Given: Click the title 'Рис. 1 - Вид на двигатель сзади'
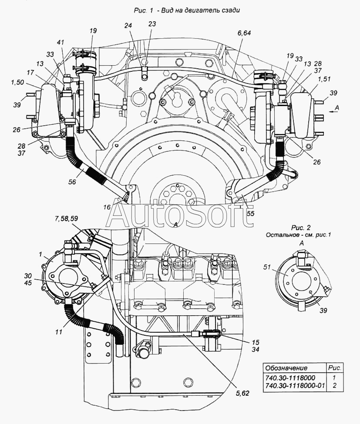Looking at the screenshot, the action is pyautogui.click(x=187, y=10).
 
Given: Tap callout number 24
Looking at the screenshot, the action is pyautogui.click(x=128, y=25).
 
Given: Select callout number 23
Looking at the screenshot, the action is pyautogui.click(x=152, y=24).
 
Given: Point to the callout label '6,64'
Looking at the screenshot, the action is pyautogui.click(x=244, y=33).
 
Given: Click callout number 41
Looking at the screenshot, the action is pyautogui.click(x=61, y=42).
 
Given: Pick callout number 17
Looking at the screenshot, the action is pyautogui.click(x=30, y=73).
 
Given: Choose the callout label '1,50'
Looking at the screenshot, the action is pyautogui.click(x=17, y=83).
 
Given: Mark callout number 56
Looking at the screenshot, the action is pyautogui.click(x=72, y=182).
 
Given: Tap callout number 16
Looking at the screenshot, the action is pyautogui.click(x=107, y=207).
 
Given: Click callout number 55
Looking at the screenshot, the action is pyautogui.click(x=251, y=214).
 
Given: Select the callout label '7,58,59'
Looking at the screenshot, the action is pyautogui.click(x=66, y=218).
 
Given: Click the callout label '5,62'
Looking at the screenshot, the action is pyautogui.click(x=242, y=393).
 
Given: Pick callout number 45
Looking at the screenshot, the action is pyautogui.click(x=28, y=283).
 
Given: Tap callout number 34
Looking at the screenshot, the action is pyautogui.click(x=255, y=350).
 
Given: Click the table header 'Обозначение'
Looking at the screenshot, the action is pyautogui.click(x=286, y=368).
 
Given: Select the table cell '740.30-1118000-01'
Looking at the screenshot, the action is pyautogui.click(x=295, y=385).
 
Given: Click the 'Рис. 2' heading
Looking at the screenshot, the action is pyautogui.click(x=301, y=228).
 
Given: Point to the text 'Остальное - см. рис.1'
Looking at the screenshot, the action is pyautogui.click(x=298, y=235).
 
